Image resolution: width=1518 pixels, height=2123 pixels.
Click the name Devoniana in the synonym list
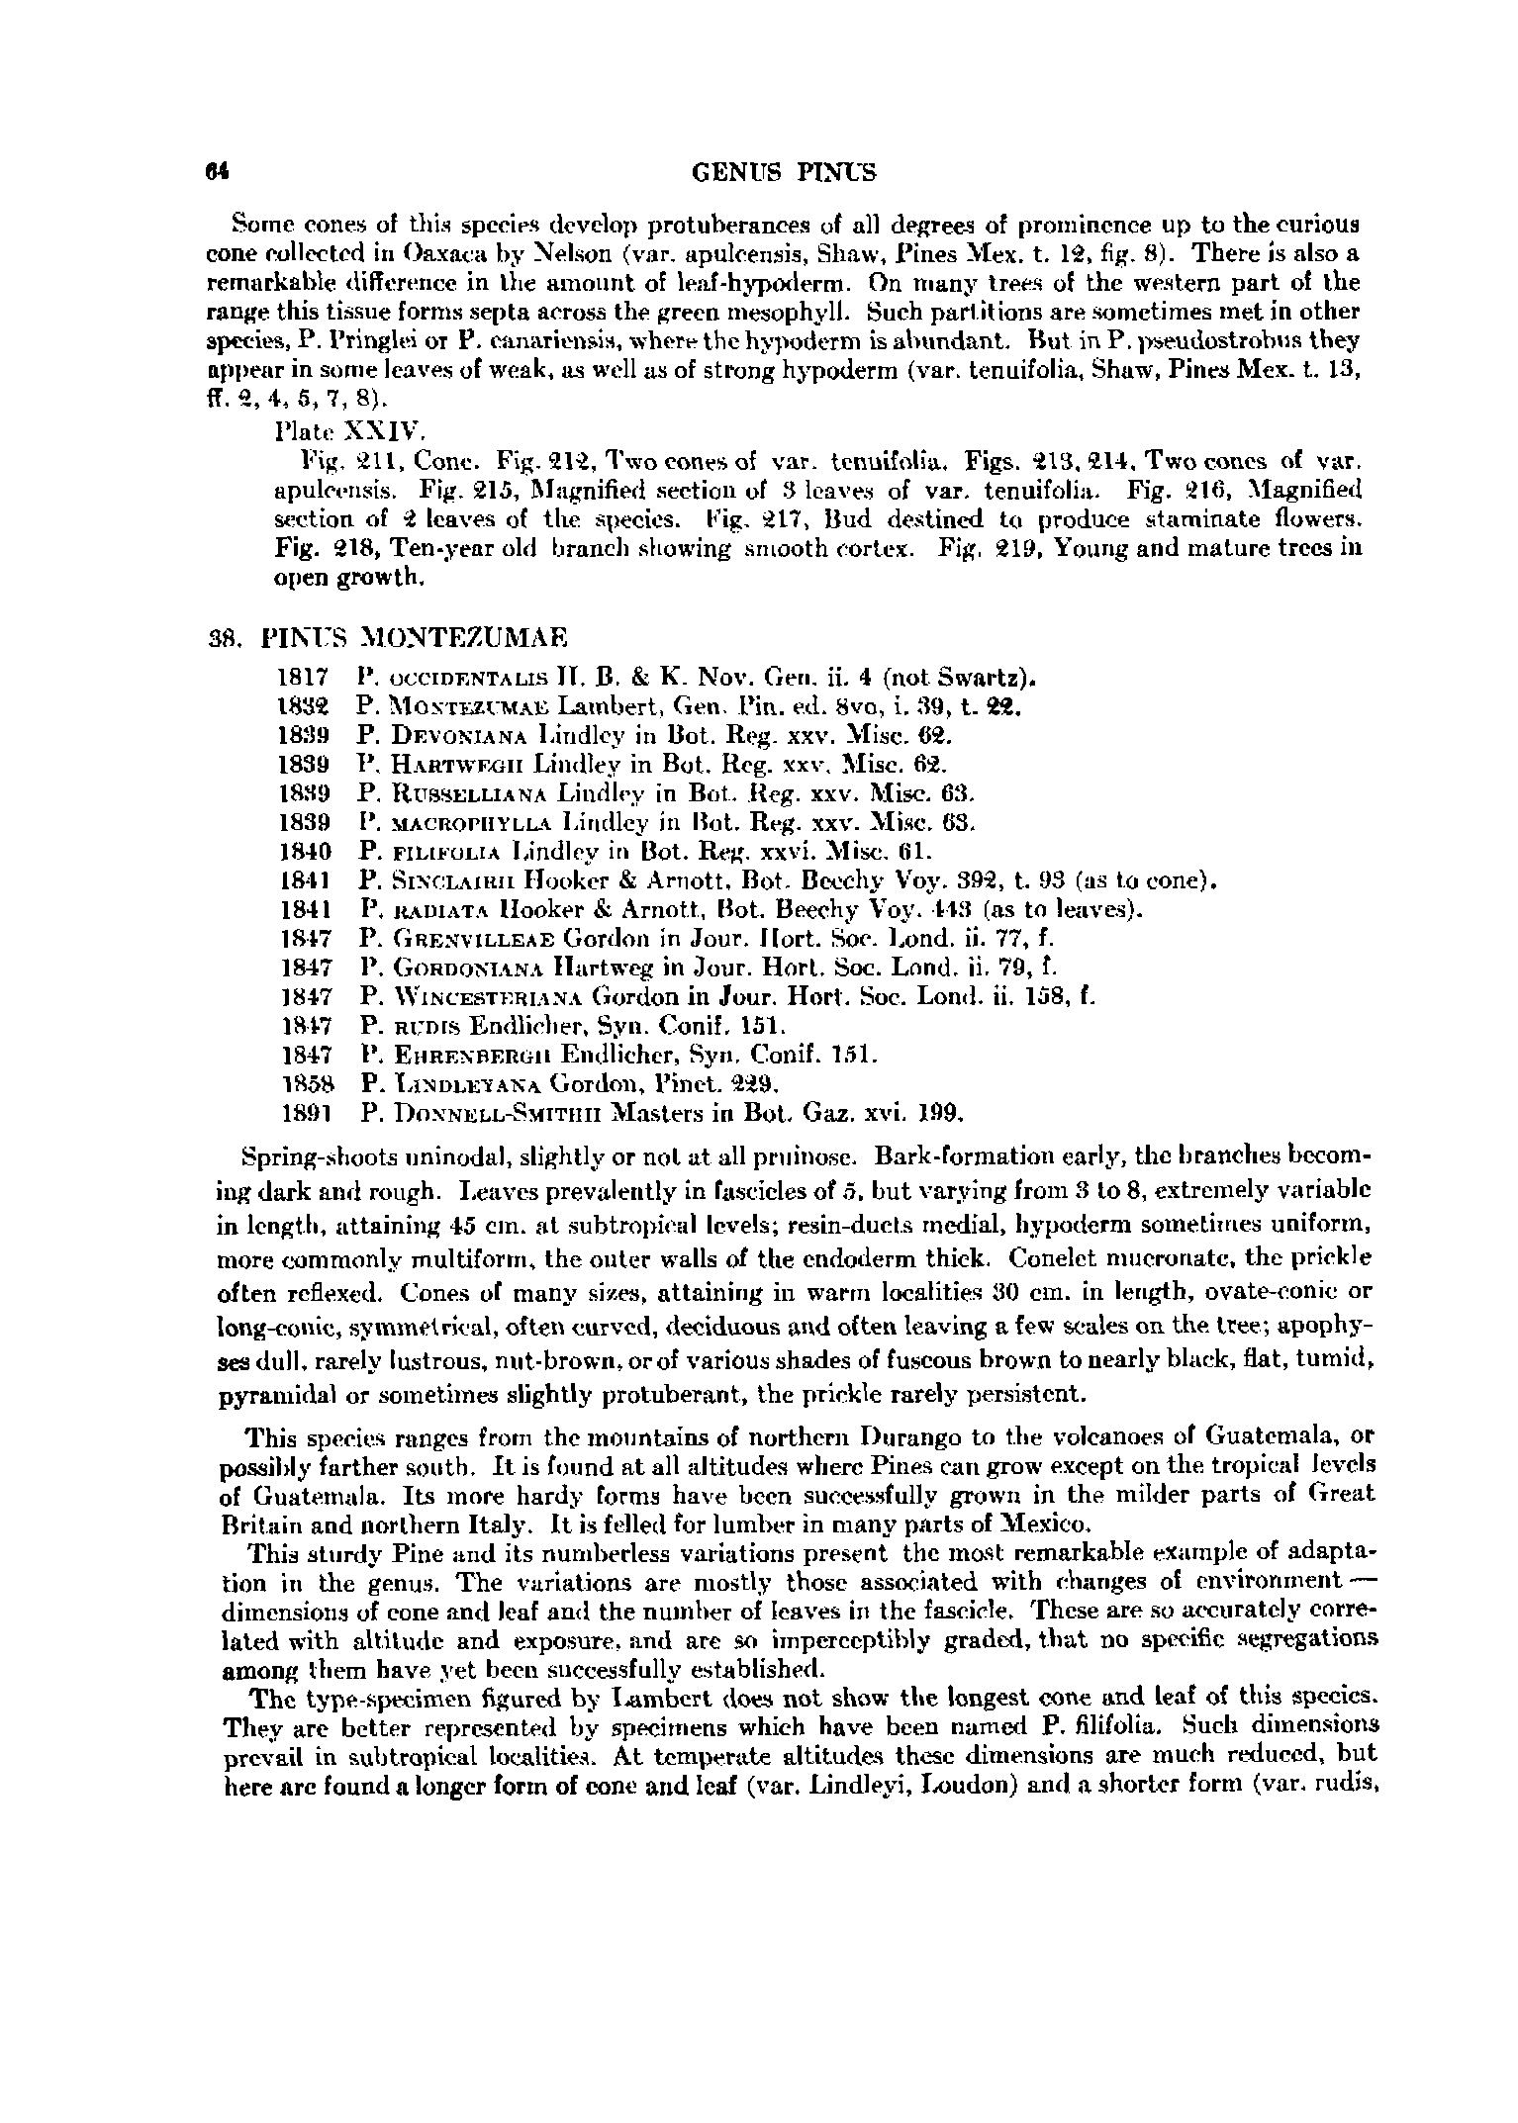pyautogui.click(x=445, y=736)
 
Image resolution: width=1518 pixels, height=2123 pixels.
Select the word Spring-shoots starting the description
pyautogui.click(x=302, y=1156)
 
